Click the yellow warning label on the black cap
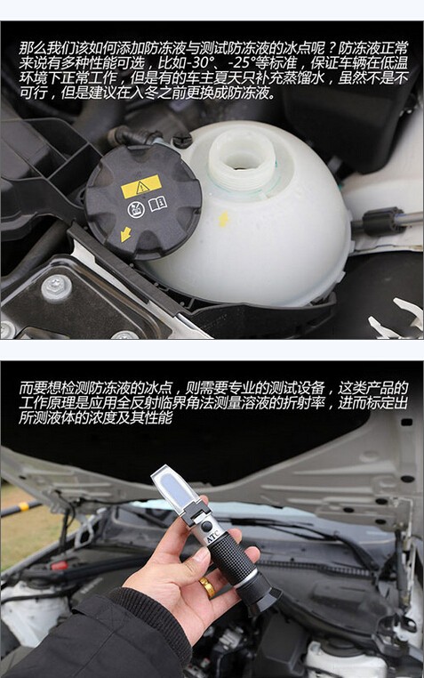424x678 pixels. (x=141, y=187)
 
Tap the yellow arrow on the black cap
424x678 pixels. (x=125, y=234)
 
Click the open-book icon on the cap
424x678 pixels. (x=158, y=203)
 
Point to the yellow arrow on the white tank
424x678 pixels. (x=224, y=219)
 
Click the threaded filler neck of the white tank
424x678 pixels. (x=242, y=161)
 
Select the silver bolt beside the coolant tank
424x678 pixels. (x=57, y=287)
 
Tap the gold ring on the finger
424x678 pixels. (x=207, y=588)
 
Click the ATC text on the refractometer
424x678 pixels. (x=212, y=538)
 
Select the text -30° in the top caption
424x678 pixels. (x=203, y=63)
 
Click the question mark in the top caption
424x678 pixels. (x=330, y=48)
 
